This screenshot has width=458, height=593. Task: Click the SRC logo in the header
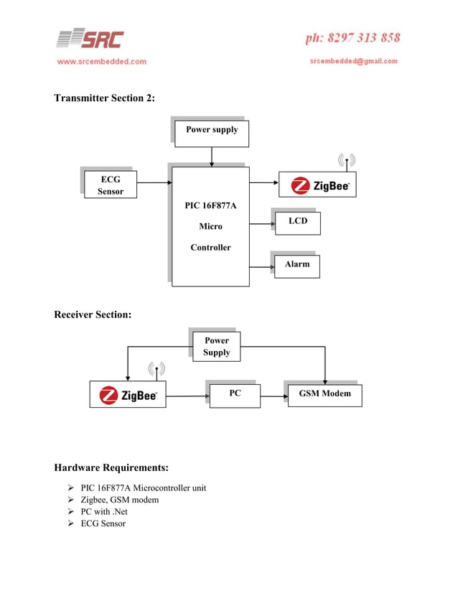[x=90, y=39]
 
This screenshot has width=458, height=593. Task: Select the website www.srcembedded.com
[x=101, y=62]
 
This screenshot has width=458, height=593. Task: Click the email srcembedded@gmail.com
[x=353, y=61]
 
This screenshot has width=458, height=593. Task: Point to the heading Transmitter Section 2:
[x=104, y=98]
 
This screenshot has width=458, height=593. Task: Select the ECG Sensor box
[x=111, y=185]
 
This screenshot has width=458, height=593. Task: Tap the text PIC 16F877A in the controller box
[x=210, y=206]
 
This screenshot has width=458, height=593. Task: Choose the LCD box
[x=297, y=223]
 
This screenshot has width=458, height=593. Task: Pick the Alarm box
[x=297, y=265]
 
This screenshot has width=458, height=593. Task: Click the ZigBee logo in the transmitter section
[x=317, y=186]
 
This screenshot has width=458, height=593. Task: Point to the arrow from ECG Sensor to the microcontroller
[x=153, y=182]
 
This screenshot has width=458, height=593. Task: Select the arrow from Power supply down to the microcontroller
[x=212, y=157]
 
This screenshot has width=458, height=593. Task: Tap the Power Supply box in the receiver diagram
[x=216, y=346]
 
